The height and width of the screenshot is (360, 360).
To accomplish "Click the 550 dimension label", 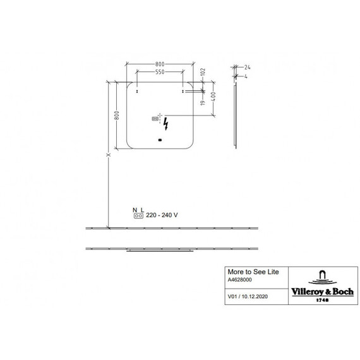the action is (160, 72).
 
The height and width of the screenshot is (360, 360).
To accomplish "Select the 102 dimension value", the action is (203, 72).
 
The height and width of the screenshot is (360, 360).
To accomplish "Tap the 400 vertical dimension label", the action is (213, 97).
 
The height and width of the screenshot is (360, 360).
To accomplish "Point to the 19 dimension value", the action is (203, 102).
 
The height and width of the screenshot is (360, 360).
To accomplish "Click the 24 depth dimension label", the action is (247, 68).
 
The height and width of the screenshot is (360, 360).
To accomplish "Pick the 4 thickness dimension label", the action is (246, 76).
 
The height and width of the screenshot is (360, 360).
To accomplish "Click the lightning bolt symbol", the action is (165, 124).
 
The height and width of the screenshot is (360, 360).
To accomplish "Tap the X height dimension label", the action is (109, 155).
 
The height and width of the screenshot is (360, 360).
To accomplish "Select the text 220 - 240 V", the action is (162, 215).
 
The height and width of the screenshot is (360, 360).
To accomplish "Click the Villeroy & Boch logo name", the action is (322, 292).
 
